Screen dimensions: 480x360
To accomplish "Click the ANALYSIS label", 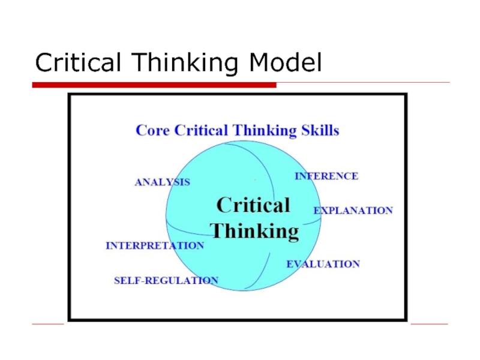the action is [x=162, y=182].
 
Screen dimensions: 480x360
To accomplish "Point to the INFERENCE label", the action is [x=326, y=176].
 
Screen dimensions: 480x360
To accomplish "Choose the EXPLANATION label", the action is [x=353, y=211].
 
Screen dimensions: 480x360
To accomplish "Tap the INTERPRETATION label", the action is [x=155, y=245].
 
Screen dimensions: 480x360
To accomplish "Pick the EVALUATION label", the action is [x=323, y=264].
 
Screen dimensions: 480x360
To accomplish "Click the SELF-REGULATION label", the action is [x=166, y=280].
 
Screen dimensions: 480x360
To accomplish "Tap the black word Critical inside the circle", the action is [x=253, y=206].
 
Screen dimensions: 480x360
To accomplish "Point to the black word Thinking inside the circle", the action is [x=256, y=231].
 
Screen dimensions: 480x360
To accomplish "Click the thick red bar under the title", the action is [x=154, y=85].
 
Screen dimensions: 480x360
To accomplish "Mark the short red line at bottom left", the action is [x=48, y=324].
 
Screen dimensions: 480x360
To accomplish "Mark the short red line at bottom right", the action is [x=429, y=324].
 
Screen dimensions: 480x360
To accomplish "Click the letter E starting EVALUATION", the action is [x=290, y=264].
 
